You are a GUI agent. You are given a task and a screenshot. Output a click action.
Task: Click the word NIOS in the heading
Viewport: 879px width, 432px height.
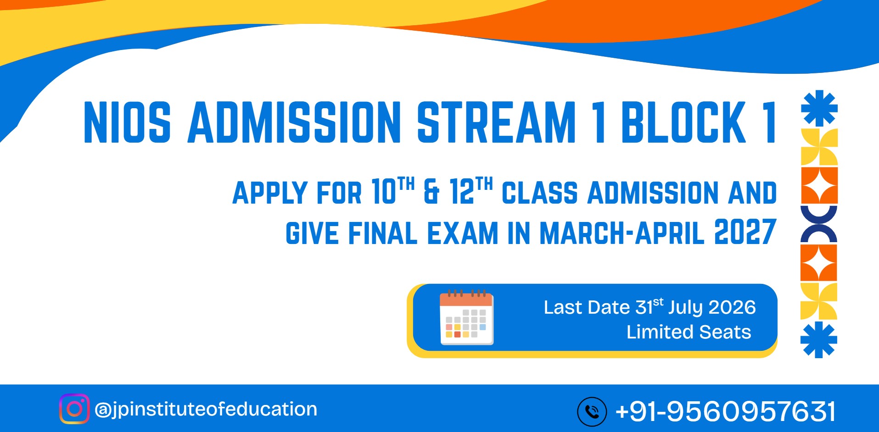point(127,122)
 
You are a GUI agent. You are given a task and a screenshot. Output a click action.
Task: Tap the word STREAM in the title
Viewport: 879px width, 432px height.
point(496,122)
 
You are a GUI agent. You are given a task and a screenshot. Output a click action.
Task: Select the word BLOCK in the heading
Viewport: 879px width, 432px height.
point(683,122)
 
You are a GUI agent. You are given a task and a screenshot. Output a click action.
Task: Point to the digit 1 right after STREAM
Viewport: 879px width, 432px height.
point(598,122)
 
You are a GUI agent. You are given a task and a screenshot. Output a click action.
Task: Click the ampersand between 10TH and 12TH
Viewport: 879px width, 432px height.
point(431,192)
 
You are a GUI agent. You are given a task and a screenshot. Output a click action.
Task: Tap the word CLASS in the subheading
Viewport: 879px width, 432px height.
point(539,193)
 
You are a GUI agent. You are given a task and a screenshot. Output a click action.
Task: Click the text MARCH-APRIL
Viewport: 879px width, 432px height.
point(622,233)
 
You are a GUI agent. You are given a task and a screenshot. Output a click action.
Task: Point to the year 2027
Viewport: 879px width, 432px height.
point(745,232)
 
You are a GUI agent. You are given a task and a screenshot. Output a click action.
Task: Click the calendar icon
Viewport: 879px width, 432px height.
point(466,317)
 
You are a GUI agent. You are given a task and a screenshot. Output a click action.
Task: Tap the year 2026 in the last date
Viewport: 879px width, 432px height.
point(732,308)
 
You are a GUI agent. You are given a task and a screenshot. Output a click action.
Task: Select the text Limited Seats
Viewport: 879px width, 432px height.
point(689,332)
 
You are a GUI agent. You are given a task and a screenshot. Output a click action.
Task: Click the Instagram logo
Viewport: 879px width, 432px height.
point(74,409)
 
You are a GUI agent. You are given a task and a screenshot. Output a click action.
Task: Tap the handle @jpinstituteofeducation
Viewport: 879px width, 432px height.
point(206,409)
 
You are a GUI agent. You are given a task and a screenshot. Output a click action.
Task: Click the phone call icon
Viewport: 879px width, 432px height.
point(592,411)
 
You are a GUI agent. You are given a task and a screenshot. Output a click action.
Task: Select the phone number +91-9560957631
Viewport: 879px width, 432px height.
point(725,411)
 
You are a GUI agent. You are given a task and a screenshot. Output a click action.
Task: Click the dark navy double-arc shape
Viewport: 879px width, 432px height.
point(819,224)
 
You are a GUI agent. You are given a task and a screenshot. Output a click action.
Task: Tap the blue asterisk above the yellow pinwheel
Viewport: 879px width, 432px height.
point(819,108)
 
